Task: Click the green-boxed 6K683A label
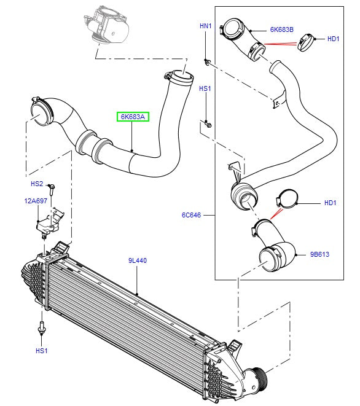pyautogui.click(x=133, y=116)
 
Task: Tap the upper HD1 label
pyautogui.click(x=334, y=39)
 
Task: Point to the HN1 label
pyautogui.click(x=205, y=26)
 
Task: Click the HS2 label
pyautogui.click(x=37, y=184)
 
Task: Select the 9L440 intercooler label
pyautogui.click(x=137, y=260)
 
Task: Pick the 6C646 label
pyautogui.click(x=191, y=216)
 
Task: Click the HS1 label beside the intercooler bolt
pyautogui.click(x=41, y=351)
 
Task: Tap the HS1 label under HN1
pyautogui.click(x=205, y=89)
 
